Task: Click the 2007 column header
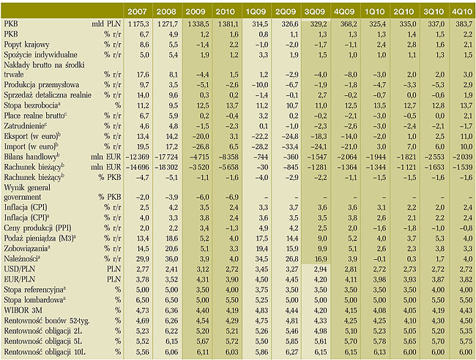137,12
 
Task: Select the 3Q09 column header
315,12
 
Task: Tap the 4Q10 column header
462,12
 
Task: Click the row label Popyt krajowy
26,45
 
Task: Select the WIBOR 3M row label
23,310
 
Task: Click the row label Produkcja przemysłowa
41,85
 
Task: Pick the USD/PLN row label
20,269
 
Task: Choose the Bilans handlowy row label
30,157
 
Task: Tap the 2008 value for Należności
171,259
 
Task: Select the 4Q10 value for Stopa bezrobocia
466,105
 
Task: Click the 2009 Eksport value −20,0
201,136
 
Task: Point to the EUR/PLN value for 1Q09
261,280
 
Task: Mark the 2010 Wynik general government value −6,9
231,197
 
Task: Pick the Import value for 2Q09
289,146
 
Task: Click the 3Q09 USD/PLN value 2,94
321,269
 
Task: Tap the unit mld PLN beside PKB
106,24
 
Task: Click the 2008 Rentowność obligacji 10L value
171,352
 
